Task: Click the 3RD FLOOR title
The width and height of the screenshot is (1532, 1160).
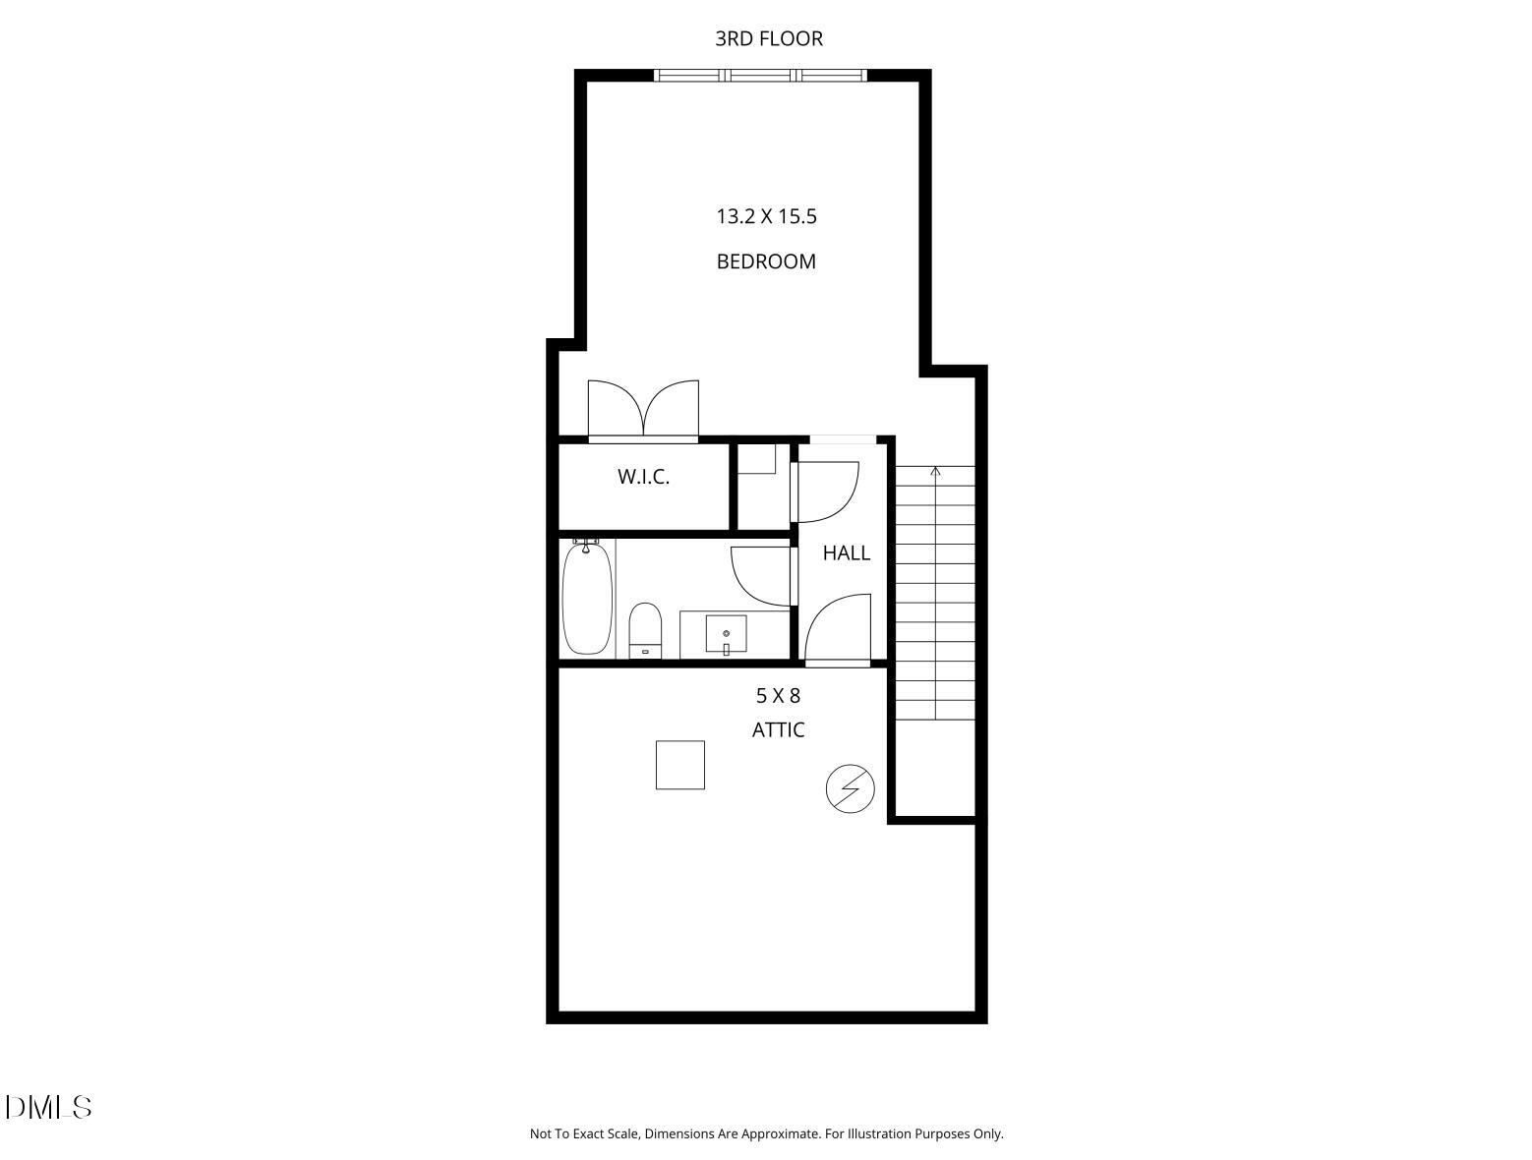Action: pos(768,38)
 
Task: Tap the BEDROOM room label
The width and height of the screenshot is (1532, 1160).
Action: pos(766,261)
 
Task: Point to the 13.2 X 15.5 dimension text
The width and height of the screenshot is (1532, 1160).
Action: pos(766,216)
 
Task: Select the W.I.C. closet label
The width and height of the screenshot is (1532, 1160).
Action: pos(643,478)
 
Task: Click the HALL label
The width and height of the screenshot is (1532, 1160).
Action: pos(846,553)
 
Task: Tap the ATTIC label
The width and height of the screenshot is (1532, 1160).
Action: pos(778,729)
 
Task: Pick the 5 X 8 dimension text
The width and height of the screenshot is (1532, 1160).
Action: pos(778,696)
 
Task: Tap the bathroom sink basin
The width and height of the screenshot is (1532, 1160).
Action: pos(726,633)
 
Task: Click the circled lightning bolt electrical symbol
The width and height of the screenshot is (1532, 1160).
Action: pos(850,788)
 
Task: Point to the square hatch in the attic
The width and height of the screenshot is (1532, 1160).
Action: pos(680,765)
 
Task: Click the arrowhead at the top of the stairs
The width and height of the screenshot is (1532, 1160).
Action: pos(935,472)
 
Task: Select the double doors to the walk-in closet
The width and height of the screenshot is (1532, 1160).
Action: pos(643,409)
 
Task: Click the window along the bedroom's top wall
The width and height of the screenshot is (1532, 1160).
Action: pos(760,75)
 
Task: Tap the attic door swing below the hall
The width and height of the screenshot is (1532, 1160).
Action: pos(839,629)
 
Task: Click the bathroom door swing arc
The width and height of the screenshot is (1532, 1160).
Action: pos(761,575)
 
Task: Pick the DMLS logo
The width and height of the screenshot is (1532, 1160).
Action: pos(48,1107)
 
